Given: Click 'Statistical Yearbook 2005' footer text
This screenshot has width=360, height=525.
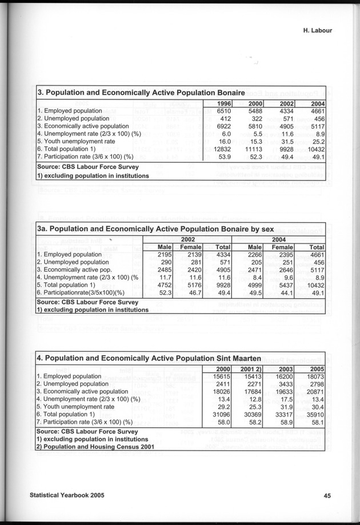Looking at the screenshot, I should pos(68,495).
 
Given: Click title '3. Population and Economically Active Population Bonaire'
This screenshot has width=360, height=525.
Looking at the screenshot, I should pos(141,92).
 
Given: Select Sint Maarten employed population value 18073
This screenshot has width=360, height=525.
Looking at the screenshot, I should pos(313,376).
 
